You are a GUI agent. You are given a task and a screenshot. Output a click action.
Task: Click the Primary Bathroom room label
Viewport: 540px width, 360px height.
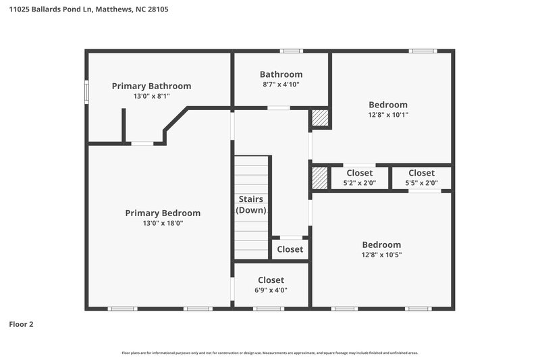151,86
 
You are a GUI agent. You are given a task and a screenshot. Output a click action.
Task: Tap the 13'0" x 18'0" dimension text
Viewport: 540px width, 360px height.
163,224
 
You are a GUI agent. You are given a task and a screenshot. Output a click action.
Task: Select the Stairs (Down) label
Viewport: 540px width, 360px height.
250,205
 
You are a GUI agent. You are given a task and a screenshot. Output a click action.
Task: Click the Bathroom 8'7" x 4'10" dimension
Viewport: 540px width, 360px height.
281,84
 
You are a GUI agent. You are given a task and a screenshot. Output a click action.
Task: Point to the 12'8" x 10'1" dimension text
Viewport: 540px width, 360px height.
387,115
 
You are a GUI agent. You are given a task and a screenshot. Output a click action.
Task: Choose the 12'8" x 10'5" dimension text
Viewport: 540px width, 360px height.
381,255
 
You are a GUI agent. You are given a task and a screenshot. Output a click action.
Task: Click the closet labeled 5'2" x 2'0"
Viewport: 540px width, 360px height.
359,182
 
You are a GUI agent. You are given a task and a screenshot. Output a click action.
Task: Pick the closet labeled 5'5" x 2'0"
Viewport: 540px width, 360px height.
421,182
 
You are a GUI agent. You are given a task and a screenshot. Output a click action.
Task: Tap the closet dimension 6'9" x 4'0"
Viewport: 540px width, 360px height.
271,290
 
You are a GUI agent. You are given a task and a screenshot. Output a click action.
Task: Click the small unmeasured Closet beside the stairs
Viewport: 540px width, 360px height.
290,249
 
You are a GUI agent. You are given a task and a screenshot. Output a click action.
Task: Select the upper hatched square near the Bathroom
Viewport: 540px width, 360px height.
320,119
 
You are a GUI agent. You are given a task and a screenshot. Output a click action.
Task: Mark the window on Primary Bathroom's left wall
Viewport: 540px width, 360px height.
86,93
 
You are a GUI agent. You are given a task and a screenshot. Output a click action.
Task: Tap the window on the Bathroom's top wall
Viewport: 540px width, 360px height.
292,51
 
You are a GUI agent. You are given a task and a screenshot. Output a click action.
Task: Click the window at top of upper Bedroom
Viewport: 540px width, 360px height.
421,51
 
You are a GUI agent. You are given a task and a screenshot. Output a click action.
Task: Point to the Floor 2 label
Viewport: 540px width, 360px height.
21,324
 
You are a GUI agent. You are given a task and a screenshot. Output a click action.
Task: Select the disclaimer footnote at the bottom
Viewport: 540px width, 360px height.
269,353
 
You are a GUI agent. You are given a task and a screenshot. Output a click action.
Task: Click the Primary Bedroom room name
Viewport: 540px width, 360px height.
163,213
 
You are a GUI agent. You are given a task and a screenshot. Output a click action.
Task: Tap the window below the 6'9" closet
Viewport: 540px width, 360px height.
268,309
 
